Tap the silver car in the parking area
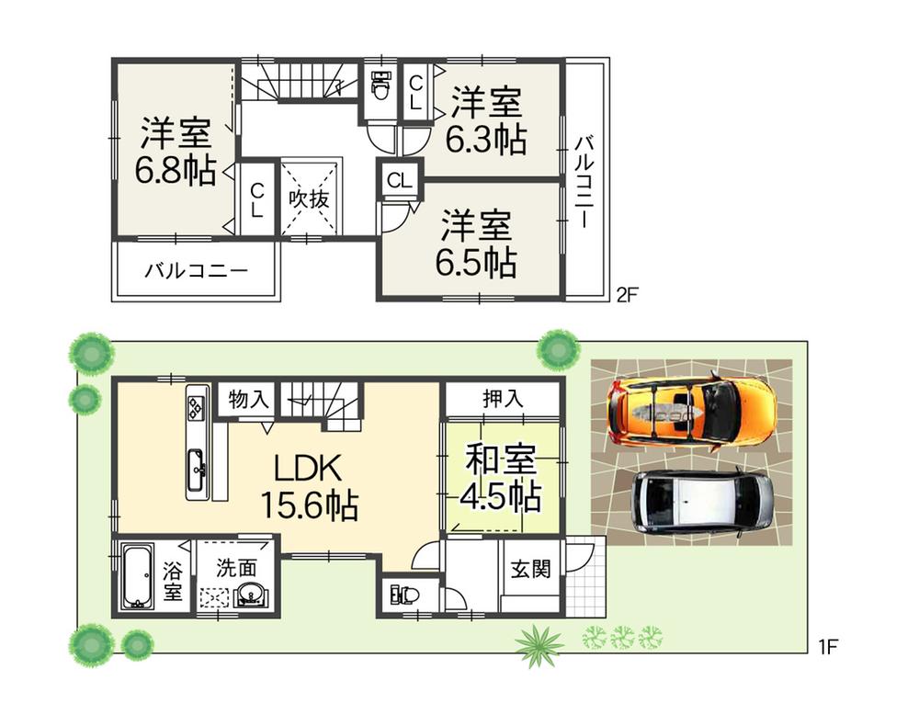(x=703, y=501)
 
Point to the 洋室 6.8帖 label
(x=176, y=152)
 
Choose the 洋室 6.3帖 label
(x=486, y=120)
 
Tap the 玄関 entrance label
(x=530, y=569)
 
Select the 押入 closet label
(x=503, y=399)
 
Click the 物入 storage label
(x=249, y=399)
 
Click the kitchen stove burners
(x=198, y=403)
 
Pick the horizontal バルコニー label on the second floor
(x=196, y=272)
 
